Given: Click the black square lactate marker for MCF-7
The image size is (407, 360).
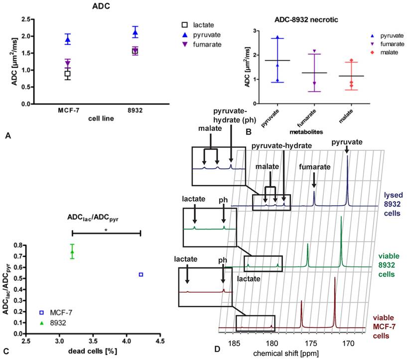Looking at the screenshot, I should [67, 74].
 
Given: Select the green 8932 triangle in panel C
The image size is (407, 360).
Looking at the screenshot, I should [72, 252].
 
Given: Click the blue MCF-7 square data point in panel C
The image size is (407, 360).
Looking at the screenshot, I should [141, 274].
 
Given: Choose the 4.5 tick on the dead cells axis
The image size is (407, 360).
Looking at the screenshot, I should [160, 342].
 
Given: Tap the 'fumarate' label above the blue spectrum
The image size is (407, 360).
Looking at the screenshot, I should [314, 167].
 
